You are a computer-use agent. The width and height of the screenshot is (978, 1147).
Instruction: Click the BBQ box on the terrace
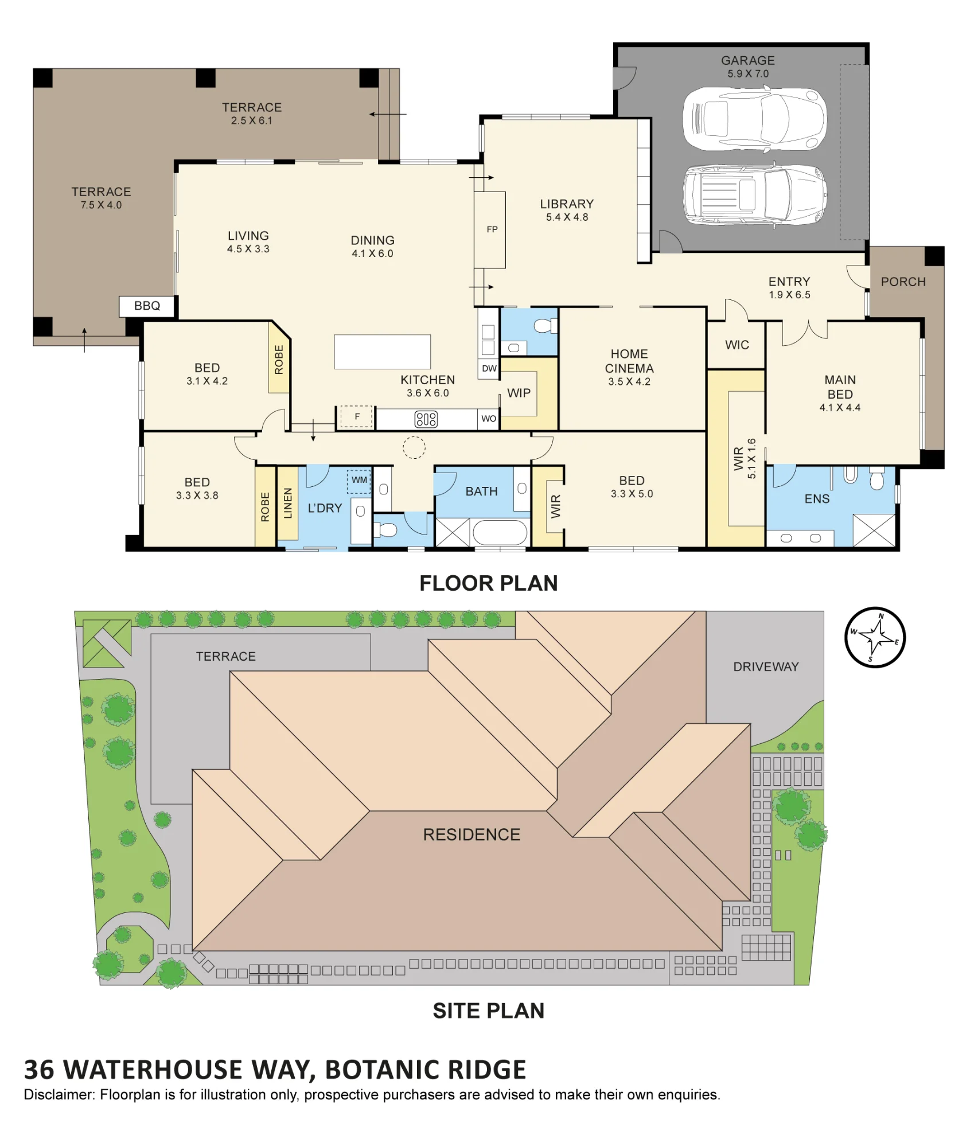point(147,306)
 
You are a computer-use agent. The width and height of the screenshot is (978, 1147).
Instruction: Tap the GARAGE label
point(748,61)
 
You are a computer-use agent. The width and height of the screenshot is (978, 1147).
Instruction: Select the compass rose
point(875,637)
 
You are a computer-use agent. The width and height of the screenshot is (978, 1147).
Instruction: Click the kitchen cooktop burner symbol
point(426,419)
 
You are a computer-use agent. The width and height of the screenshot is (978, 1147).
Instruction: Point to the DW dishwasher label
point(489,369)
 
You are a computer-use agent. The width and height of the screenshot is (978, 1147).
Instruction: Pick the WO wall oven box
point(489,419)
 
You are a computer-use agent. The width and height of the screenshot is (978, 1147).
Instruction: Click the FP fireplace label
point(492,229)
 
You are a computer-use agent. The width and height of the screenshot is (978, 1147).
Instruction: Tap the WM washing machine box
point(360,481)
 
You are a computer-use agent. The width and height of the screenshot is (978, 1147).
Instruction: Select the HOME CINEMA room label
point(629,361)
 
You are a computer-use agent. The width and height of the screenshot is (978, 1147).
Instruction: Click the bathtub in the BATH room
point(500,532)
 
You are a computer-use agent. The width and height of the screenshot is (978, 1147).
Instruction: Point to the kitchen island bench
point(383,352)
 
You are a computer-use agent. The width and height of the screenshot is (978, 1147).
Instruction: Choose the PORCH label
point(903,282)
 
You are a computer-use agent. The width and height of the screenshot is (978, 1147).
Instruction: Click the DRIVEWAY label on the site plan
point(766,666)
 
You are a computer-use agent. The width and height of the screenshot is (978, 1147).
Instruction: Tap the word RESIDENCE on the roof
point(472,834)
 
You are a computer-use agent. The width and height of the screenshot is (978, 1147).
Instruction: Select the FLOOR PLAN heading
point(489,583)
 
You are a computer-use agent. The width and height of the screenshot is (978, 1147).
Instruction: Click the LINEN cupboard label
point(288,504)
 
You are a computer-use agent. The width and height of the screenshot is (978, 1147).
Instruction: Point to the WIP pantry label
point(519,393)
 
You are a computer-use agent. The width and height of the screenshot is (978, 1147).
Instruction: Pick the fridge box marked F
point(357,417)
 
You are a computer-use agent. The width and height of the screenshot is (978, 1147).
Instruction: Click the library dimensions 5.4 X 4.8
point(567,217)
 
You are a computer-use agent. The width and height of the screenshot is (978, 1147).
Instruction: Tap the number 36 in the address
point(39,1070)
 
